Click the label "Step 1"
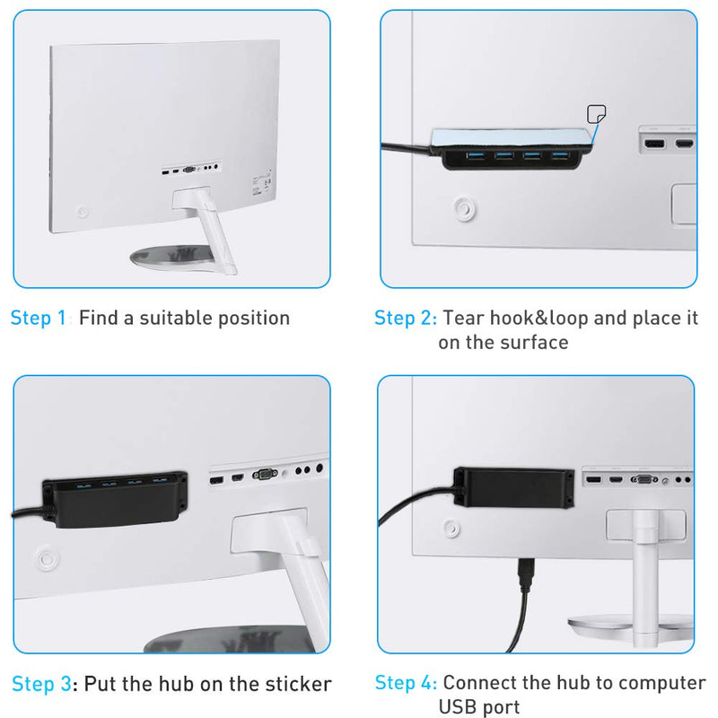click(x=38, y=318)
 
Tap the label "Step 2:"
click(x=406, y=318)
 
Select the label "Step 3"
click(x=40, y=684)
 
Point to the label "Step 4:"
click(x=406, y=683)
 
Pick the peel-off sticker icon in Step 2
click(x=595, y=114)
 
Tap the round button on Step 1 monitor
click(x=83, y=214)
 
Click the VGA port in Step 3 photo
click(x=266, y=476)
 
